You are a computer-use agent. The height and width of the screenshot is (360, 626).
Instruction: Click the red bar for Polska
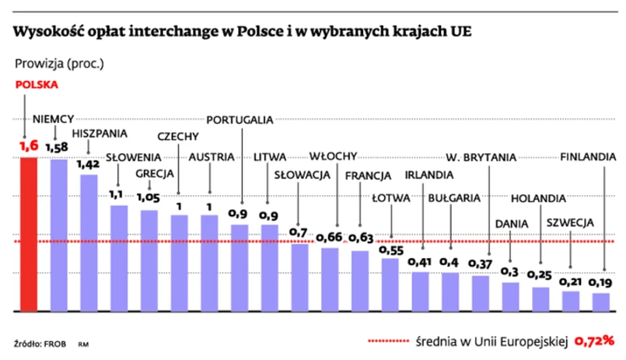pos(28,233)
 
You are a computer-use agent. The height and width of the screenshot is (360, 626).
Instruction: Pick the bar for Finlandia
pos(600,302)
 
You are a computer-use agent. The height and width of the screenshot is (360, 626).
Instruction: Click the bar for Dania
pos(510,296)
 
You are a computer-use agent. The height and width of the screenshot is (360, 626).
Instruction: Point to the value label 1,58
pos(57,147)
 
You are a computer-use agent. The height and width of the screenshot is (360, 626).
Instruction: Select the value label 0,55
pos(390,250)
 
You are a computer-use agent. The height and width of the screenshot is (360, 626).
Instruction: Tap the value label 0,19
pos(600,282)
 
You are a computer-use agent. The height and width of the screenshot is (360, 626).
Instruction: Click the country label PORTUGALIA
pos(240,120)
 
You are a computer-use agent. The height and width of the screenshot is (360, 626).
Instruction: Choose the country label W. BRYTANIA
pos(481,157)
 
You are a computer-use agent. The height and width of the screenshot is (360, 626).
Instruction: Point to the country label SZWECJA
pos(570,222)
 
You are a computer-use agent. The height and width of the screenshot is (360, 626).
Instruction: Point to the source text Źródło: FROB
pos(38,343)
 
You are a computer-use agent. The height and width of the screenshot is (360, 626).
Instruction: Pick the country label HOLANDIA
pos(538,197)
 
